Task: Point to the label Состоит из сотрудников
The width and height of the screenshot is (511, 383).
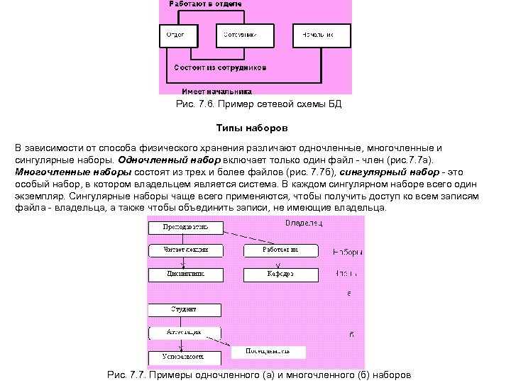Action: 221,69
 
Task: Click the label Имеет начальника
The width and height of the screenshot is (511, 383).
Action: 217,91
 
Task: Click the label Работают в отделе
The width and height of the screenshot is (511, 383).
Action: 206,4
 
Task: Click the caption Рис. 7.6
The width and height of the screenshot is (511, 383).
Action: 258,104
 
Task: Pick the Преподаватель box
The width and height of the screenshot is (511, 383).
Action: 186,228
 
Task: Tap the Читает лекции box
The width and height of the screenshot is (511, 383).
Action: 186,250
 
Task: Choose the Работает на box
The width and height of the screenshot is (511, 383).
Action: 280,250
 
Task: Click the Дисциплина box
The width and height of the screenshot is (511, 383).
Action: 186,273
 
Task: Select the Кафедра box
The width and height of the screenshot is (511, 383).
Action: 280,273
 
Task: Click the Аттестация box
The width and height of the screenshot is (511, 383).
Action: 184,332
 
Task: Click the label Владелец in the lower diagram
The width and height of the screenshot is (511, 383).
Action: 303,223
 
